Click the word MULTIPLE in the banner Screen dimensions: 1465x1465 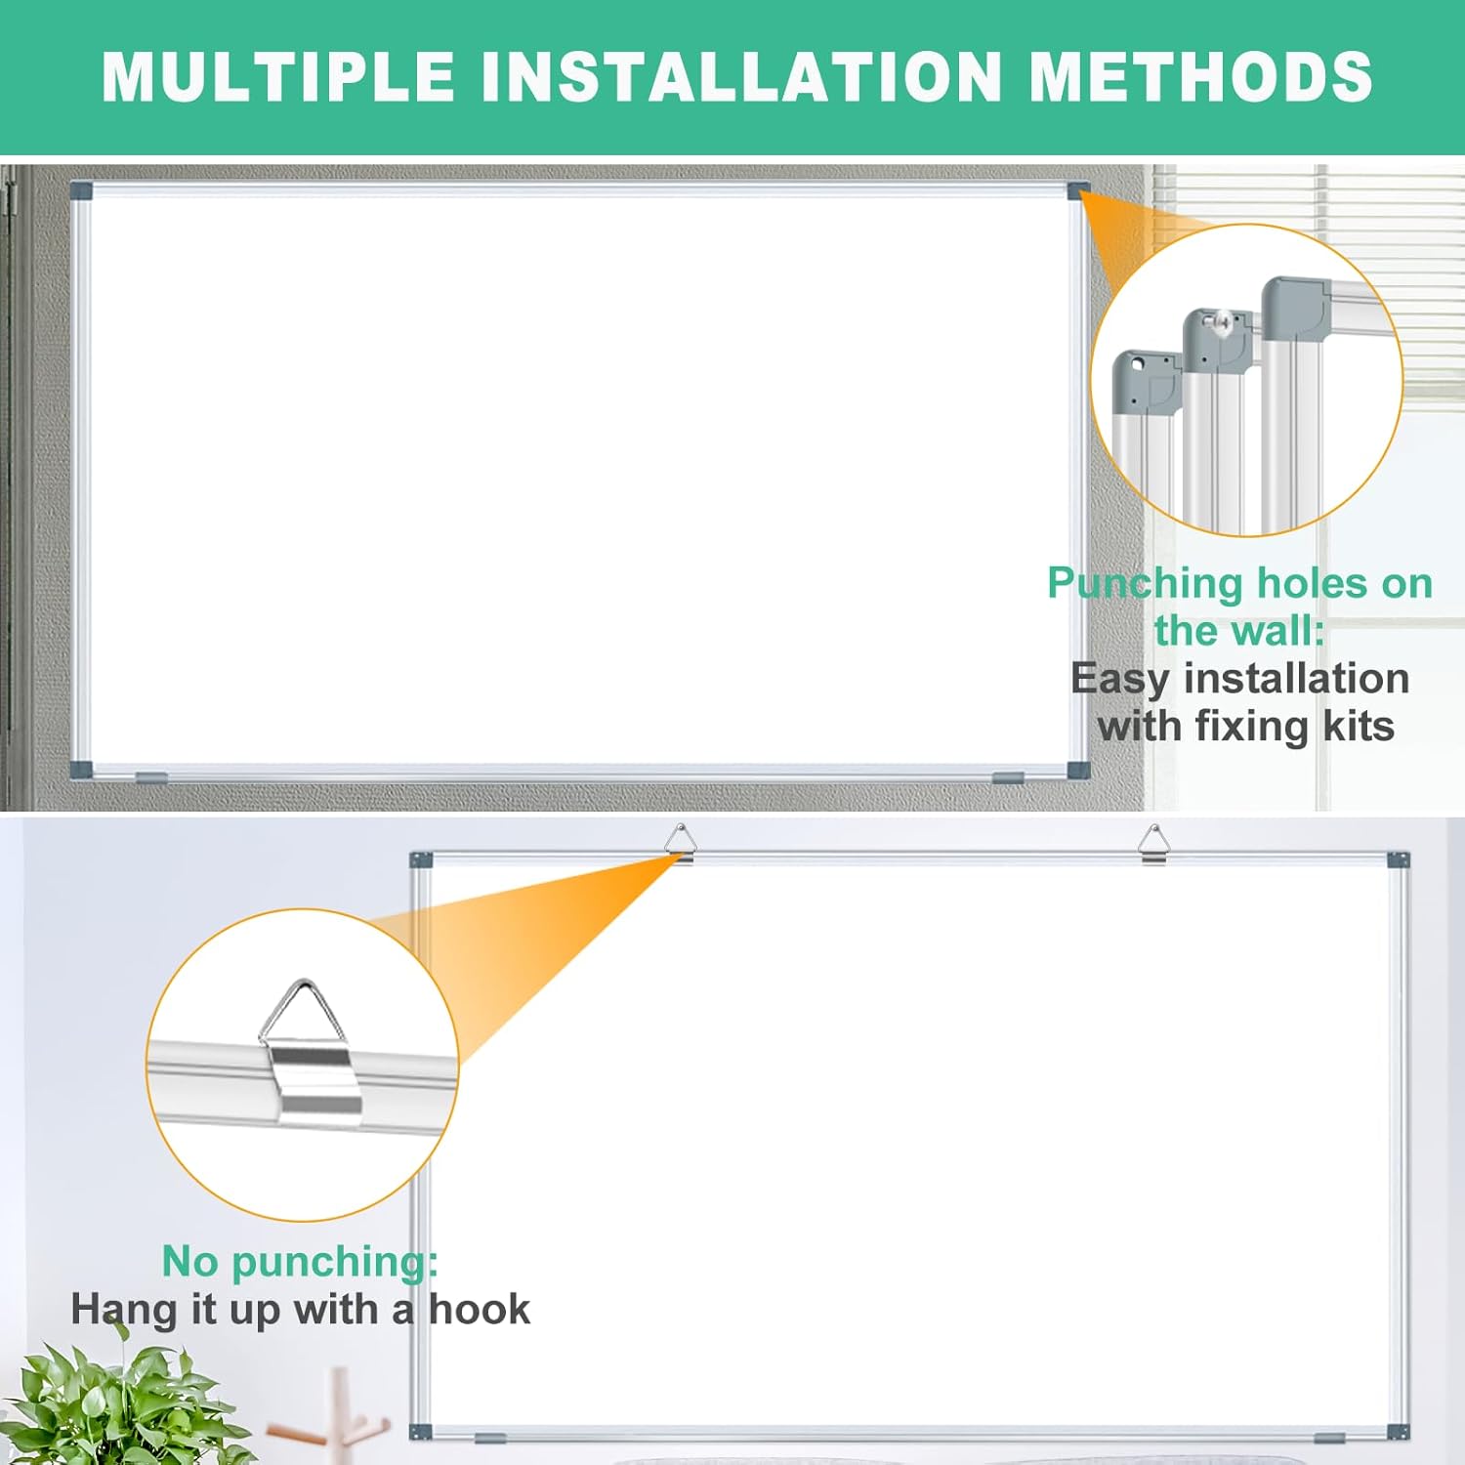pyautogui.click(x=278, y=76)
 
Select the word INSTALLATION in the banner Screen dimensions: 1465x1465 pyautogui.click(x=743, y=76)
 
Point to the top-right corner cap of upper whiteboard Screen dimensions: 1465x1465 pyautogui.click(x=1078, y=190)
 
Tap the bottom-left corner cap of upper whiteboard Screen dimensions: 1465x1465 pyautogui.click(x=81, y=769)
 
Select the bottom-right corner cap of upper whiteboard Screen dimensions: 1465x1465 pyautogui.click(x=1078, y=769)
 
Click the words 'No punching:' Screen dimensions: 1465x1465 pyautogui.click(x=300, y=1261)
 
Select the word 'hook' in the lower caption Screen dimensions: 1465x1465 pyautogui.click(x=480, y=1310)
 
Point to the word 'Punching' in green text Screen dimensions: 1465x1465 pyautogui.click(x=1144, y=583)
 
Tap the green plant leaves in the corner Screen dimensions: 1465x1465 pyautogui.click(x=117, y=1406)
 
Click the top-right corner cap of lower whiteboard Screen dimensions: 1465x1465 pyautogui.click(x=1399, y=860)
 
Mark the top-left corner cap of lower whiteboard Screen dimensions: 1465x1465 pyautogui.click(x=421, y=860)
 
